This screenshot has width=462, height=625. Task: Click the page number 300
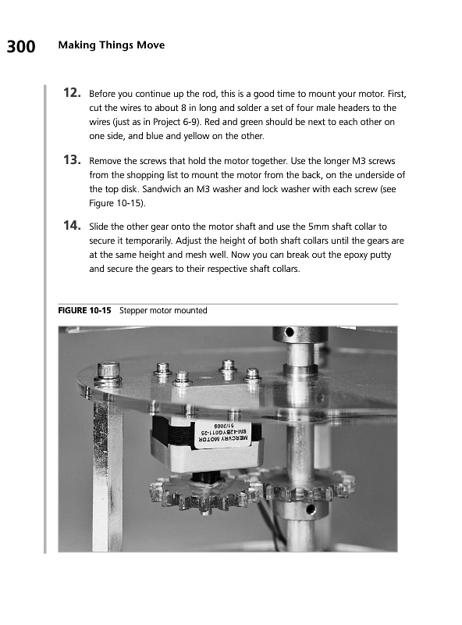point(21,47)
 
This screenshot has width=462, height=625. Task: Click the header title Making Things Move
point(111,45)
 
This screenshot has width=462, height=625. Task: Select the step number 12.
point(72,93)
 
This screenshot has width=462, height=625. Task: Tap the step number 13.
point(72,160)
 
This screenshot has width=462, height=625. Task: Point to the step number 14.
point(72,226)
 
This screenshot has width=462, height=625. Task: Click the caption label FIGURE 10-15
point(84,310)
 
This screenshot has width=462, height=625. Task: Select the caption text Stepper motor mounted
point(163,310)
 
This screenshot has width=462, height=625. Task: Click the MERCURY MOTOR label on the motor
point(223,438)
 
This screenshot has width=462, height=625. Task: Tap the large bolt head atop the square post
point(108,372)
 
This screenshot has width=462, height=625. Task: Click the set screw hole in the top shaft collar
point(290,331)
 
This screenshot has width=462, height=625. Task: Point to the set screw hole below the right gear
point(311,508)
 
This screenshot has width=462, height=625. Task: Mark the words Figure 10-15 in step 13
point(116,203)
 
